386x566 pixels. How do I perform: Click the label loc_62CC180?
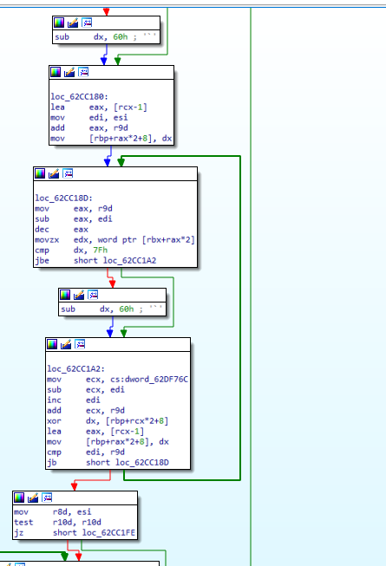pyautogui.click(x=79, y=97)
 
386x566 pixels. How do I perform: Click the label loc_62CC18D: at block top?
pyautogui.click(x=63, y=198)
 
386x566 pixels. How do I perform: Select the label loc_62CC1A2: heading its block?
pyautogui.click(x=75, y=369)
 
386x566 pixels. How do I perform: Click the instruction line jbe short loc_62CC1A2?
pyautogui.click(x=95, y=261)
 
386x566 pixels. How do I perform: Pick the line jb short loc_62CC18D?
pyautogui.click(x=108, y=462)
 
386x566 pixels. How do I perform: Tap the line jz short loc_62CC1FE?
pyautogui.click(x=75, y=533)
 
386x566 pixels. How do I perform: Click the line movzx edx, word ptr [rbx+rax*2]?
pyautogui.click(x=114, y=240)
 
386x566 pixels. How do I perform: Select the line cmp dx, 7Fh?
pyautogui.click(x=71, y=250)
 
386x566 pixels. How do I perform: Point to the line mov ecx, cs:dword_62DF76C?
pyautogui.click(x=117, y=380)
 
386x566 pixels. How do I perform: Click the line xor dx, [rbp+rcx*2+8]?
pyautogui.click(x=108, y=421)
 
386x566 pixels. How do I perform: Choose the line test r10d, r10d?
pyautogui.click(x=57, y=523)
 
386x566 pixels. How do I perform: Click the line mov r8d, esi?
pyautogui.click(x=53, y=512)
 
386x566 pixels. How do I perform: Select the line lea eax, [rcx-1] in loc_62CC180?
pyautogui.click(x=99, y=107)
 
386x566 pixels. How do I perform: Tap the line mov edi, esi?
pyautogui.click(x=88, y=118)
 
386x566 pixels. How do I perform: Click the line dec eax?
pyautogui.click(x=62, y=230)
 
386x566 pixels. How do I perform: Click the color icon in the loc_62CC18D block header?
pyautogui.click(x=40, y=173)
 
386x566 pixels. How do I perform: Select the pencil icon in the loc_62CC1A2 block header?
pyautogui.click(x=66, y=344)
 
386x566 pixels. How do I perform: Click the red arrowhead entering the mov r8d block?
pyautogui.click(x=74, y=487)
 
